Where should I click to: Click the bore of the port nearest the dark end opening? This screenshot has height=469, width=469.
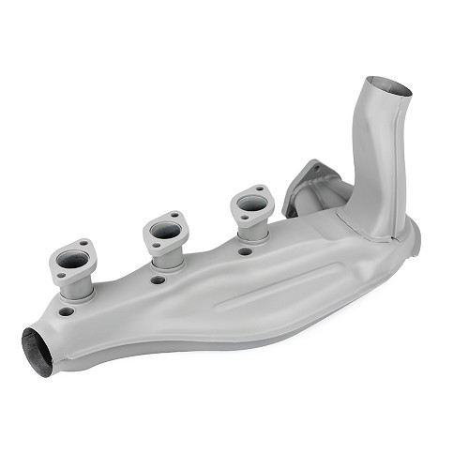[75, 261]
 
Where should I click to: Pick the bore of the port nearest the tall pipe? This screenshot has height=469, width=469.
[250, 203]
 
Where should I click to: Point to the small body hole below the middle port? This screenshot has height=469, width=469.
[158, 280]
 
